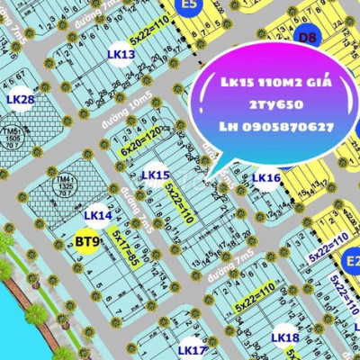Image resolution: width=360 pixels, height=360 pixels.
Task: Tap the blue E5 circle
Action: coord(188,7)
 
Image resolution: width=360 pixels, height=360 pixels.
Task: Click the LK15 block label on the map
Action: coord(156,175)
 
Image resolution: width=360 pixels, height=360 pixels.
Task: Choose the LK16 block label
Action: coord(265,178)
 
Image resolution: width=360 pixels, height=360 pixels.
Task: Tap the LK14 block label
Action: coord(97,216)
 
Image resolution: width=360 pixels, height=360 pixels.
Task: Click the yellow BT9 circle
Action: coord(86,241)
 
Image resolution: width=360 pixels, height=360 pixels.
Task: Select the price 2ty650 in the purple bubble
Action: coord(275,104)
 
